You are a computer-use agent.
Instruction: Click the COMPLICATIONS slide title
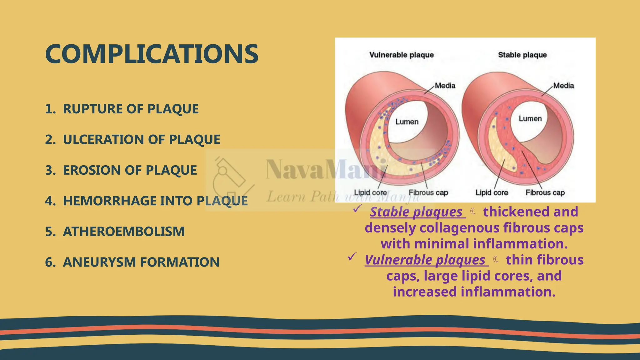tap(152, 54)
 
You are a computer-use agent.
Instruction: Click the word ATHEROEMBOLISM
tap(124, 231)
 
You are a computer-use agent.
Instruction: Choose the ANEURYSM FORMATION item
tap(141, 262)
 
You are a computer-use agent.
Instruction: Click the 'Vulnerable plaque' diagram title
tap(402, 55)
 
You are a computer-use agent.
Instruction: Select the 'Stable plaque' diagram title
tap(522, 55)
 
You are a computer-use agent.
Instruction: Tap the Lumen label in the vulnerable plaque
tap(407, 122)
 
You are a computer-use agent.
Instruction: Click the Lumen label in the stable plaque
tap(530, 118)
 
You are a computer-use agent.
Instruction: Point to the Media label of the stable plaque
tap(563, 86)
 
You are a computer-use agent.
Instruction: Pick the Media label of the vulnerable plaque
tap(445, 86)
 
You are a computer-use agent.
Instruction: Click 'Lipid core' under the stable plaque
tap(492, 192)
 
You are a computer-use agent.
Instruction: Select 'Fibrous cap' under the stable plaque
tap(545, 192)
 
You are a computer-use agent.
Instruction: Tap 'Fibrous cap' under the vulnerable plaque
tap(428, 192)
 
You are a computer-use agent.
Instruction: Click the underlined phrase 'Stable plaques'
tap(416, 212)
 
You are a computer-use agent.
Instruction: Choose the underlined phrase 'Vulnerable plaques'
tap(425, 260)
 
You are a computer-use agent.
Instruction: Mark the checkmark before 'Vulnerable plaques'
tap(352, 257)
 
